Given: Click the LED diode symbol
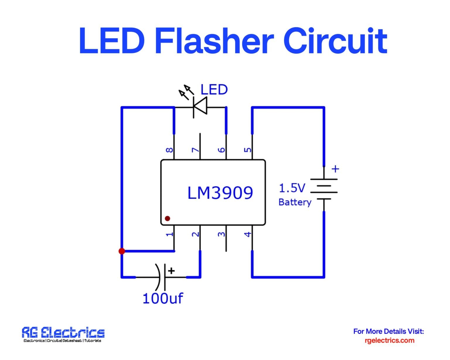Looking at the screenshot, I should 200,106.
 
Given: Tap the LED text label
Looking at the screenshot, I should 214,90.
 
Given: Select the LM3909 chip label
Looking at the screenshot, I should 220,193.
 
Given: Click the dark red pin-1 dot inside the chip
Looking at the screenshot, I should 168,219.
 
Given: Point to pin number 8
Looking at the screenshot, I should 169,150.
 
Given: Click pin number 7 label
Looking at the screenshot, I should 195,150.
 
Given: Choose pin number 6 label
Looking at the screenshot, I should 221,150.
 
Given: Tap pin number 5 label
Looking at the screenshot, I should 248,150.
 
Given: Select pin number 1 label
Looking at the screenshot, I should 169,234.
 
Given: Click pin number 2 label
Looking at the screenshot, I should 195,234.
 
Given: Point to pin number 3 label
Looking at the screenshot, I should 221,234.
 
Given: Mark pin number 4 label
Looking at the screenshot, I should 248,234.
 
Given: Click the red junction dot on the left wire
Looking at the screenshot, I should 122,251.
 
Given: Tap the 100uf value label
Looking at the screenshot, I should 163,298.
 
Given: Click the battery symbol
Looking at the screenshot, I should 324,189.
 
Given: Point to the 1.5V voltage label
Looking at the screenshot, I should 292,188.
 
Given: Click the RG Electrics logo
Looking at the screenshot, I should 63,334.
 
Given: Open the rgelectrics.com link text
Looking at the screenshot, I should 389,340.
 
